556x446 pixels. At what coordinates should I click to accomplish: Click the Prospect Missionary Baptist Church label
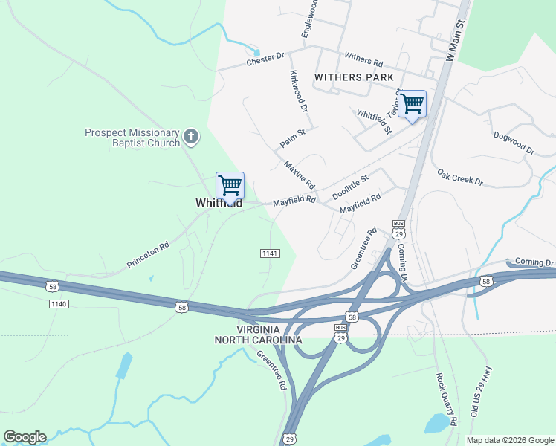point(132,138)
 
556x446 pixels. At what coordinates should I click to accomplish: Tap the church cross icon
point(191,136)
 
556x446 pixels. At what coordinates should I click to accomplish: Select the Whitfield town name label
point(219,203)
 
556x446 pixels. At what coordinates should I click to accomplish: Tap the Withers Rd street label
point(363,59)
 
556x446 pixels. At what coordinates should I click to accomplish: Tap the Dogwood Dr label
point(513,144)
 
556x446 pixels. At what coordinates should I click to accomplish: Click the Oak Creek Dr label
point(460,177)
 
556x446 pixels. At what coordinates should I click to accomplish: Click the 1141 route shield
point(270,253)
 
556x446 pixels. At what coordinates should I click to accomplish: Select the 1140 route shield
point(58,304)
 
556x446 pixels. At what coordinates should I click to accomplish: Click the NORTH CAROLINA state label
point(258,340)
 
